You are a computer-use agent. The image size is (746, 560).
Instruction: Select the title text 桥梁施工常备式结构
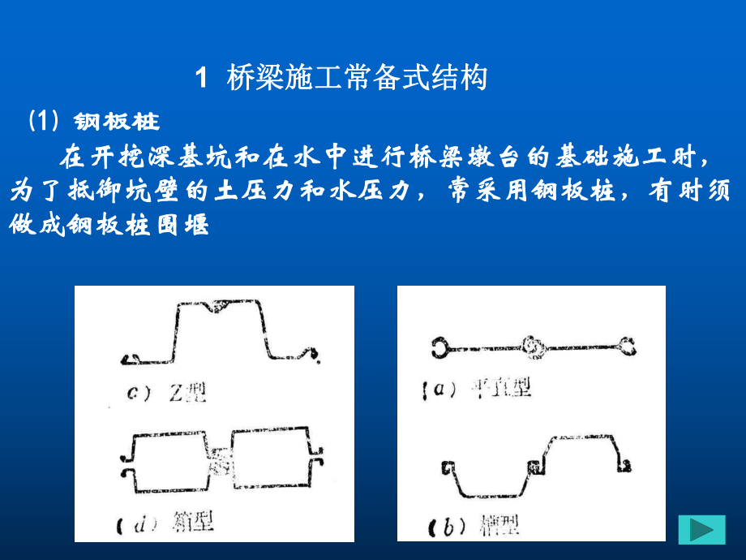point(357,79)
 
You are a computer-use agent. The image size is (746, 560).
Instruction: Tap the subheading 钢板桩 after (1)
point(117,122)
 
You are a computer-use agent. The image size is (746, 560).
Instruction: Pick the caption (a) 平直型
point(478,390)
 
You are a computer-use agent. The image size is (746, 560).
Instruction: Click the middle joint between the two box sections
point(221,460)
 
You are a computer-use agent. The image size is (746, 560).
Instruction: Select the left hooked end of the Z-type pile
point(132,357)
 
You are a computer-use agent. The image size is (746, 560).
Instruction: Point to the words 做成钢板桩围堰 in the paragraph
point(109,225)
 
